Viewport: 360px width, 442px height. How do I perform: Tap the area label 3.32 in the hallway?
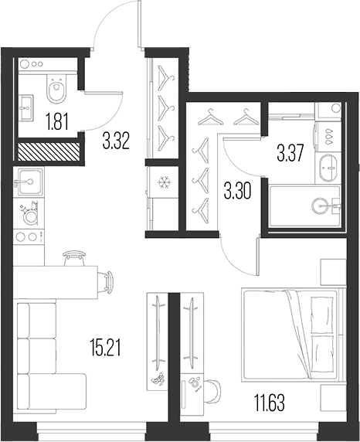(116, 141)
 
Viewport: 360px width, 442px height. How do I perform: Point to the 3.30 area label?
(237, 190)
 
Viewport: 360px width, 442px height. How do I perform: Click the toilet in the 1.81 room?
(56, 91)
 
